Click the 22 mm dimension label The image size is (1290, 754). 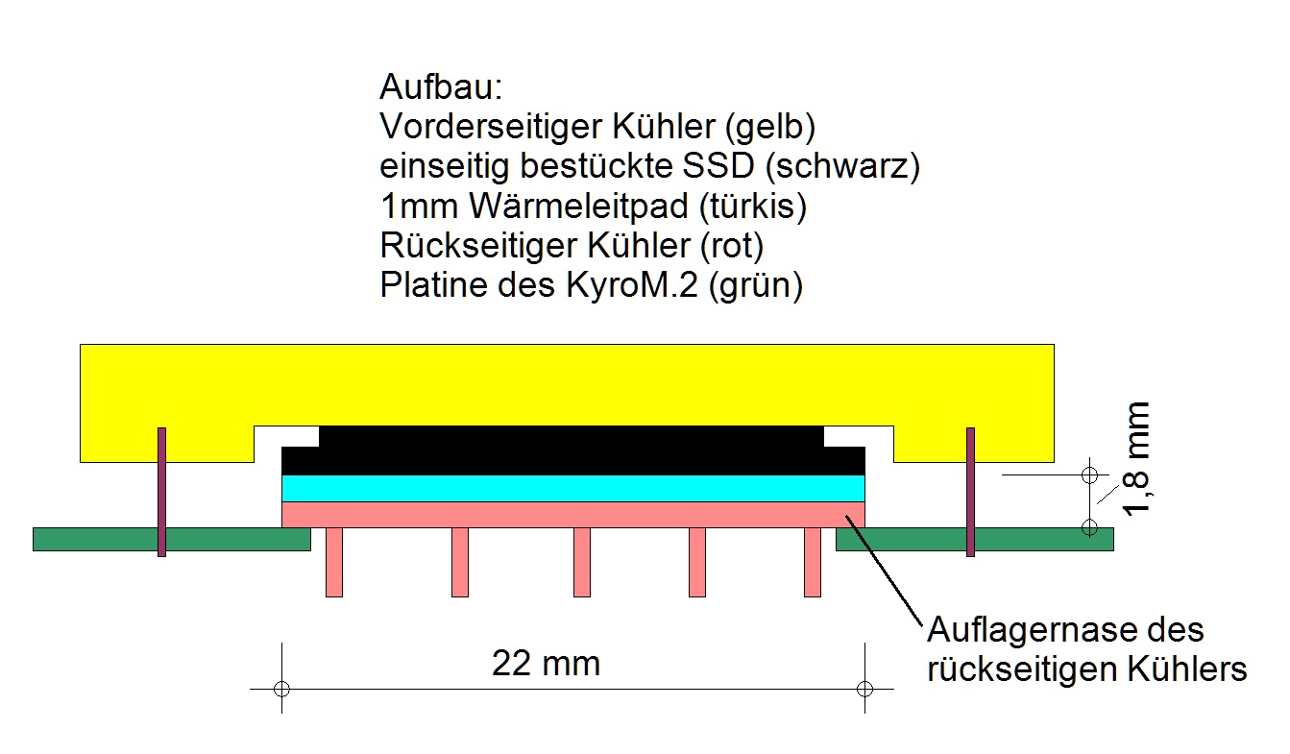(546, 663)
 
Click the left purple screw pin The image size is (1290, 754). (161, 492)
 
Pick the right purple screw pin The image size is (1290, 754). (970, 492)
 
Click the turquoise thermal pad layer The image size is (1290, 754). (573, 488)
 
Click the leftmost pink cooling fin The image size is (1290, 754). (334, 562)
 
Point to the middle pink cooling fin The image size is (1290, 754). (581, 562)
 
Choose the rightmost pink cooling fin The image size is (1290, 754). (812, 562)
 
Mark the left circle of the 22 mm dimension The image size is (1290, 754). (280, 689)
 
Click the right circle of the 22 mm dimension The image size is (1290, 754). (864, 689)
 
